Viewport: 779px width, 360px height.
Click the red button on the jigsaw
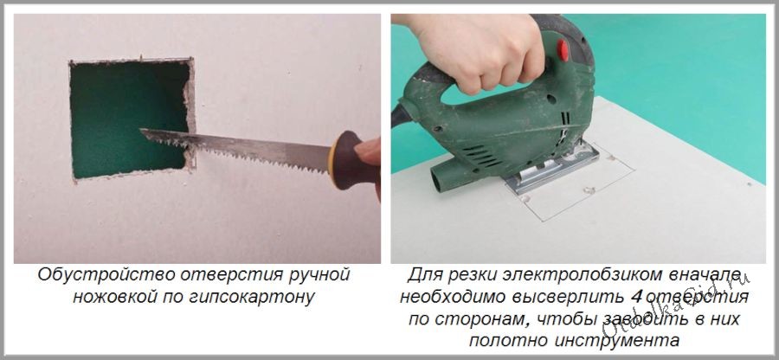(563, 49)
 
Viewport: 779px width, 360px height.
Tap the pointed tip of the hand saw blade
(141, 131)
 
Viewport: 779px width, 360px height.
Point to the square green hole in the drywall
(130, 119)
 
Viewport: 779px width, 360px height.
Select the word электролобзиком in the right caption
(585, 274)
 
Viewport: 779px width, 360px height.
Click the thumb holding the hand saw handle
(369, 151)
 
